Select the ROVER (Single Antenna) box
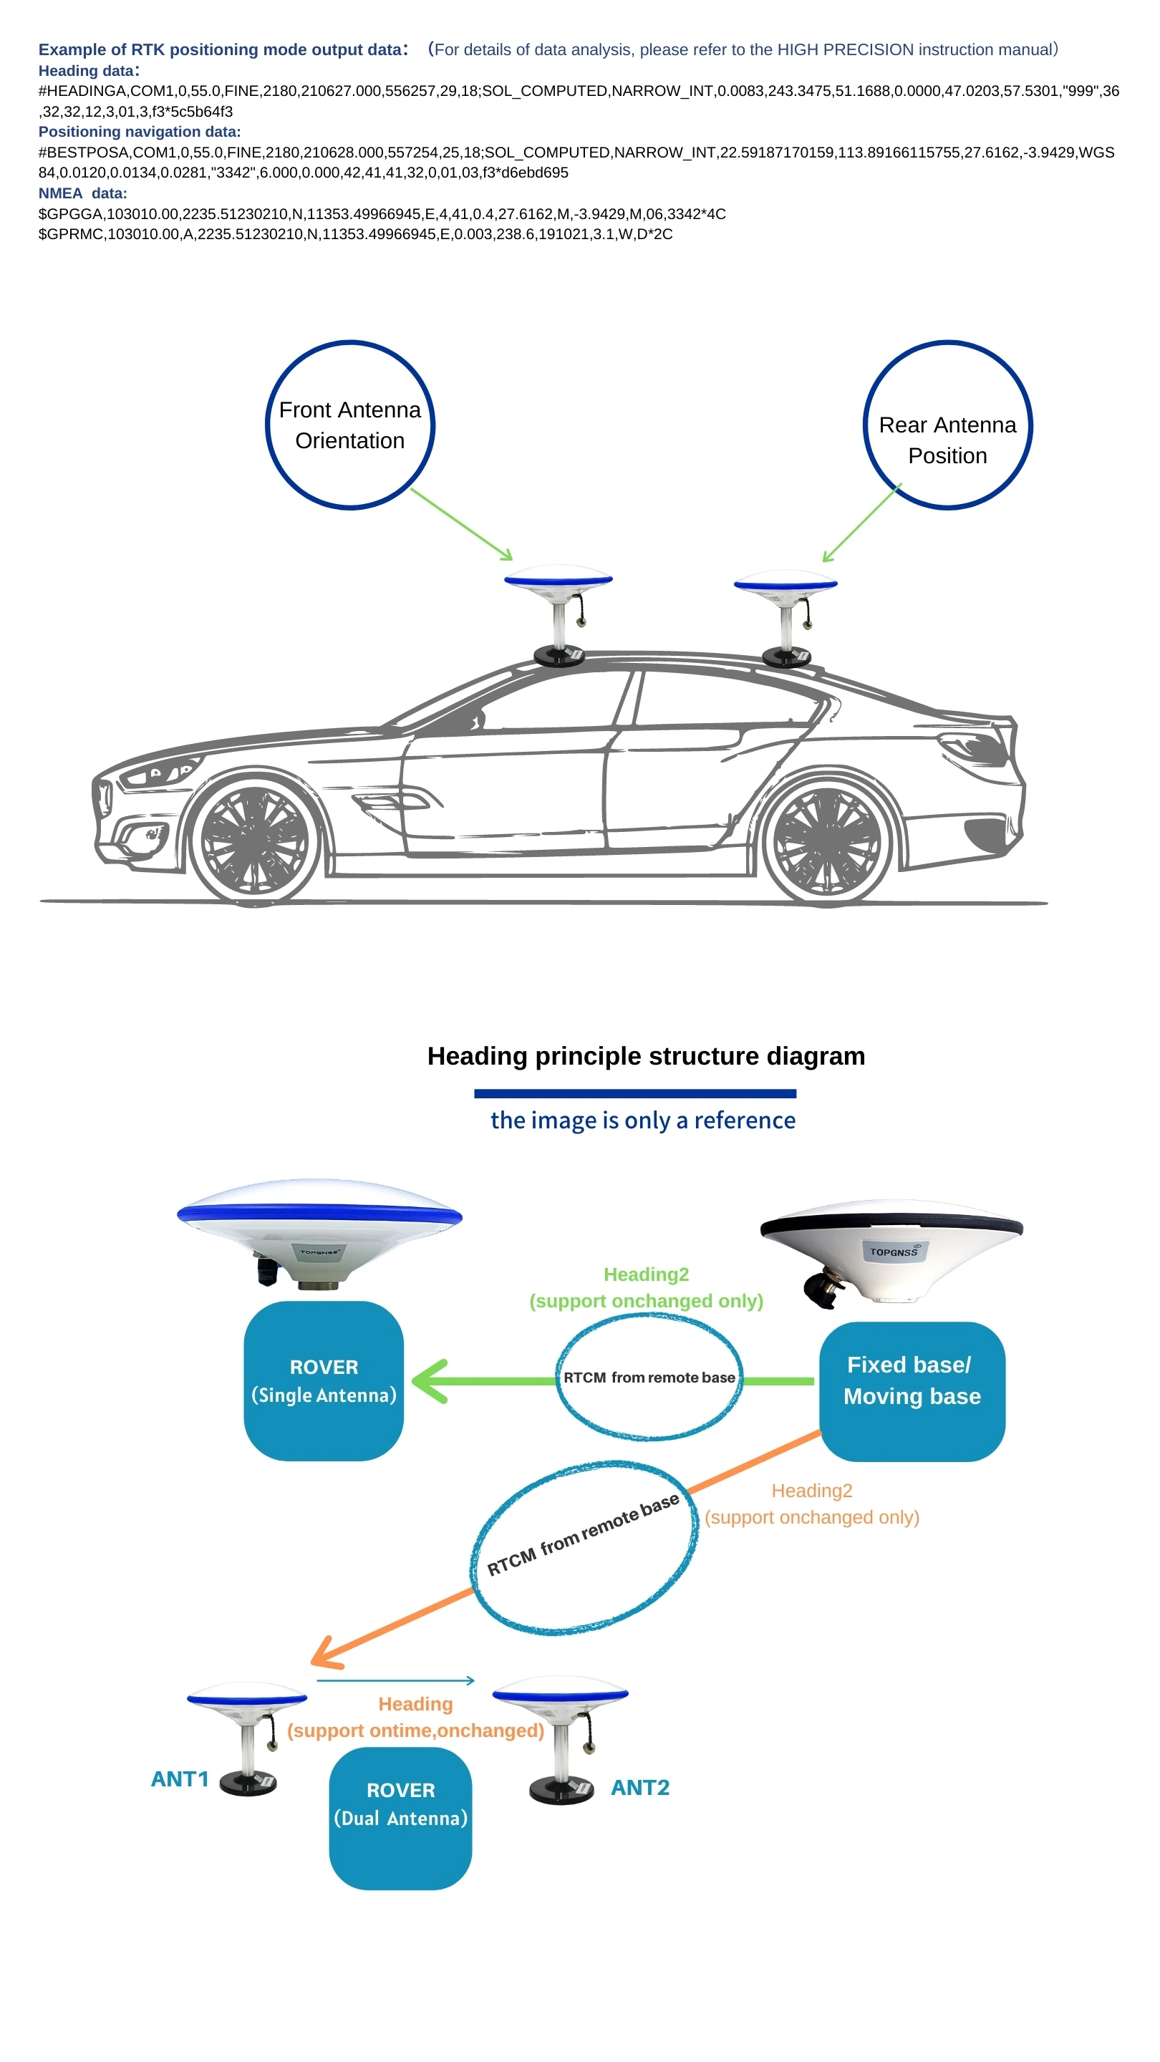pyautogui.click(x=324, y=1381)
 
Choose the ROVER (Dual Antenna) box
pyautogui.click(x=400, y=1818)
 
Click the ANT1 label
pyautogui.click(x=180, y=1778)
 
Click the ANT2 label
pyautogui.click(x=640, y=1788)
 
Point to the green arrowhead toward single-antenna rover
pyautogui.click(x=428, y=1381)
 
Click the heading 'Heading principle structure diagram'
pyautogui.click(x=646, y=1057)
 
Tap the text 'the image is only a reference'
pyautogui.click(x=643, y=1120)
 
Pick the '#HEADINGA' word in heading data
pyautogui.click(x=82, y=91)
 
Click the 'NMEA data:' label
pyautogui.click(x=82, y=193)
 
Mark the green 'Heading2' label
pyautogui.click(x=646, y=1274)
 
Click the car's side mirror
pyautogui.click(x=477, y=720)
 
